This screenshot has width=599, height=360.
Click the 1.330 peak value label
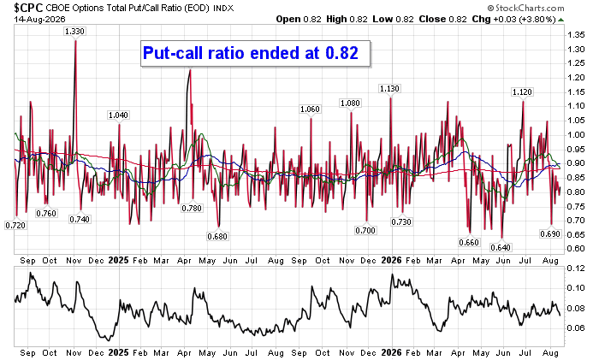(x=74, y=32)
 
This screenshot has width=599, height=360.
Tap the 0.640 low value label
(x=501, y=248)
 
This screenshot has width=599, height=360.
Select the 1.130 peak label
(x=389, y=89)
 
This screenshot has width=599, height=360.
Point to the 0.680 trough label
(x=217, y=237)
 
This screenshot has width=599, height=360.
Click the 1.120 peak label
(x=522, y=92)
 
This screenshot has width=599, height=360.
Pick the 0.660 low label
(x=469, y=242)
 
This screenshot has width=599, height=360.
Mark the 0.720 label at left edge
(x=15, y=226)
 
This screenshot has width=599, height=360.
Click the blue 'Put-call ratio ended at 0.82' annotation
(x=251, y=53)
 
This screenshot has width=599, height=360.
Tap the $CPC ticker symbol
(x=28, y=7)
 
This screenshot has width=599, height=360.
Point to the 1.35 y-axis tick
(x=576, y=35)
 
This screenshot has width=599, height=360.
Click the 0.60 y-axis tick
(x=576, y=249)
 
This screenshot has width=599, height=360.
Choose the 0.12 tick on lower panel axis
(x=576, y=269)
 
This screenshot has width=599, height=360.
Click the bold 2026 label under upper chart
(x=392, y=260)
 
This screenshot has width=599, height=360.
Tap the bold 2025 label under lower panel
(x=118, y=353)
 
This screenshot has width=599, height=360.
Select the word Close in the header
(x=431, y=19)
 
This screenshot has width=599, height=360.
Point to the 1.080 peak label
(x=350, y=103)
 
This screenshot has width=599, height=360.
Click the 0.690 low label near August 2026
(x=550, y=234)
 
